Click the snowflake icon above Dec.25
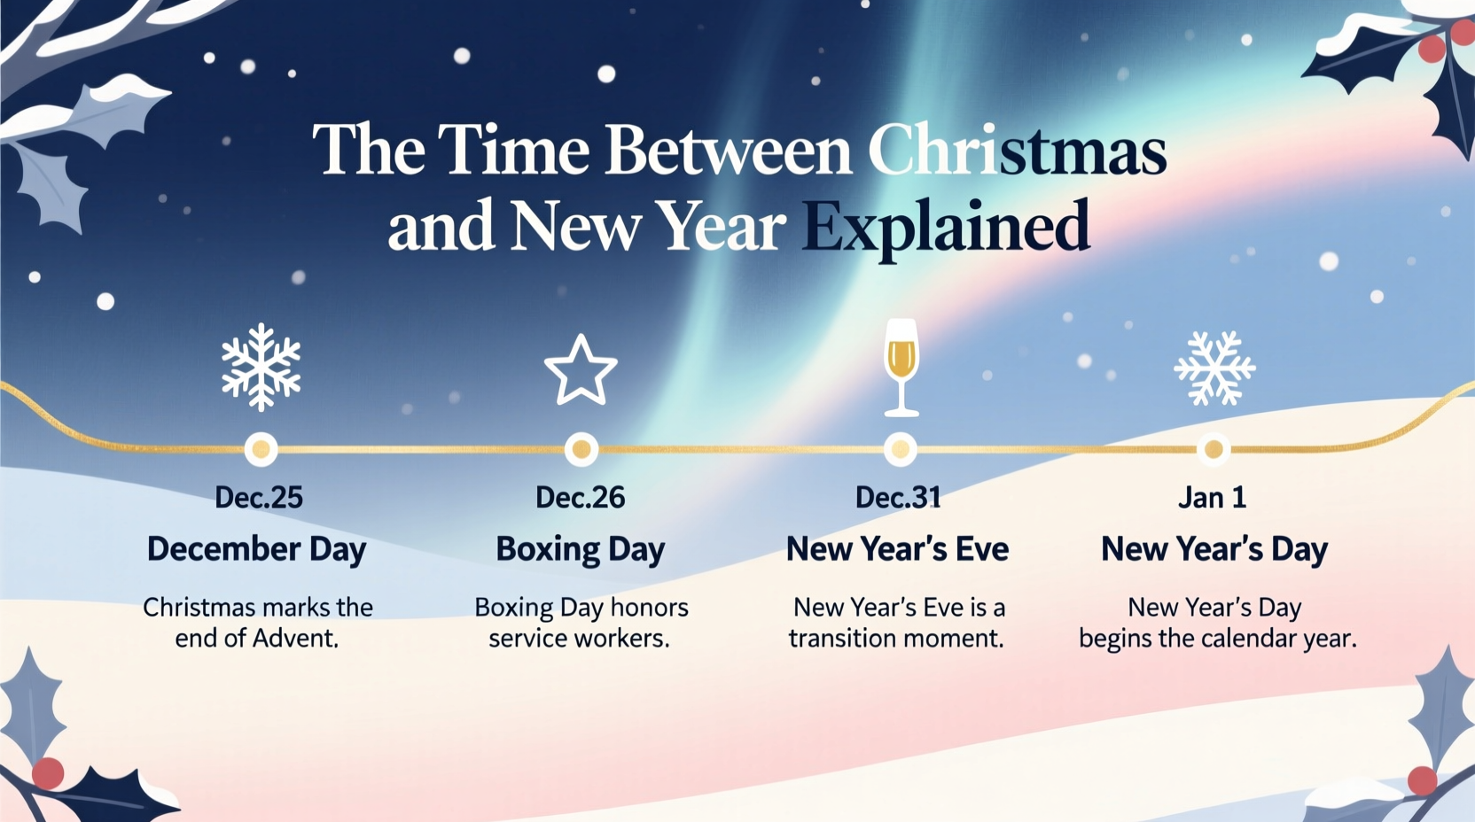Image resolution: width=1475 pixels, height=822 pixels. (x=261, y=367)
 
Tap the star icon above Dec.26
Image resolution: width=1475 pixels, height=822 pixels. (x=581, y=370)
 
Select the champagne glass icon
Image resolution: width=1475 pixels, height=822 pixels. (x=901, y=367)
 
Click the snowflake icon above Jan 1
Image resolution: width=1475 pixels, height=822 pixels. (x=1214, y=368)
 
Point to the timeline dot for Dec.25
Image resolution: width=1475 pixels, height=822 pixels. (x=261, y=449)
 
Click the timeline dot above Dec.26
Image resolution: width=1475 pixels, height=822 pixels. (x=581, y=449)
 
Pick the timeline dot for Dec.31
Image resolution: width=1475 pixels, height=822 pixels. (x=901, y=449)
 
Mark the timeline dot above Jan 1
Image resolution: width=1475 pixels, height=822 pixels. (x=1214, y=449)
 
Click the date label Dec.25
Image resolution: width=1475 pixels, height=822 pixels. (x=259, y=498)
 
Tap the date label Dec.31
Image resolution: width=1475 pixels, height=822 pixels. (x=898, y=498)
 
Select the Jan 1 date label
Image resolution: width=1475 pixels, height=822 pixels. (x=1212, y=498)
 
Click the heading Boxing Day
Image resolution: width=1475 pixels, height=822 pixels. (x=581, y=550)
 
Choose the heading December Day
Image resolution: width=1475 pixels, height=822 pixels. (x=256, y=550)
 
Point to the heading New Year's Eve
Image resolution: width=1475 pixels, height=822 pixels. (x=897, y=550)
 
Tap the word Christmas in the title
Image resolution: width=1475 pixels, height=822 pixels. (x=1017, y=151)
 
